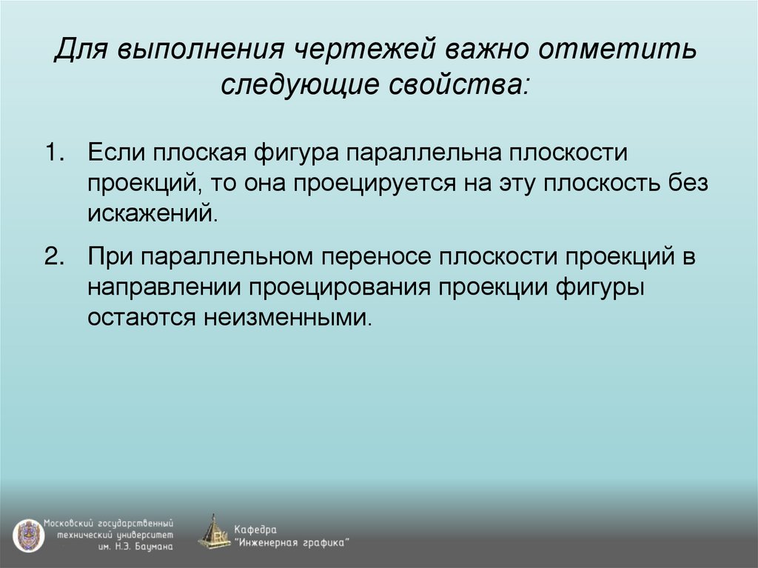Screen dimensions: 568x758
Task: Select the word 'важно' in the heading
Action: [x=493, y=53]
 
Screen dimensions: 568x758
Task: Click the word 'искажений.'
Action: [x=153, y=213]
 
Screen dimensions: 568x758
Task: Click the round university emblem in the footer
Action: [x=27, y=535]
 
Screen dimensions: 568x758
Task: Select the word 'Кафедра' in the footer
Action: [x=256, y=529]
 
